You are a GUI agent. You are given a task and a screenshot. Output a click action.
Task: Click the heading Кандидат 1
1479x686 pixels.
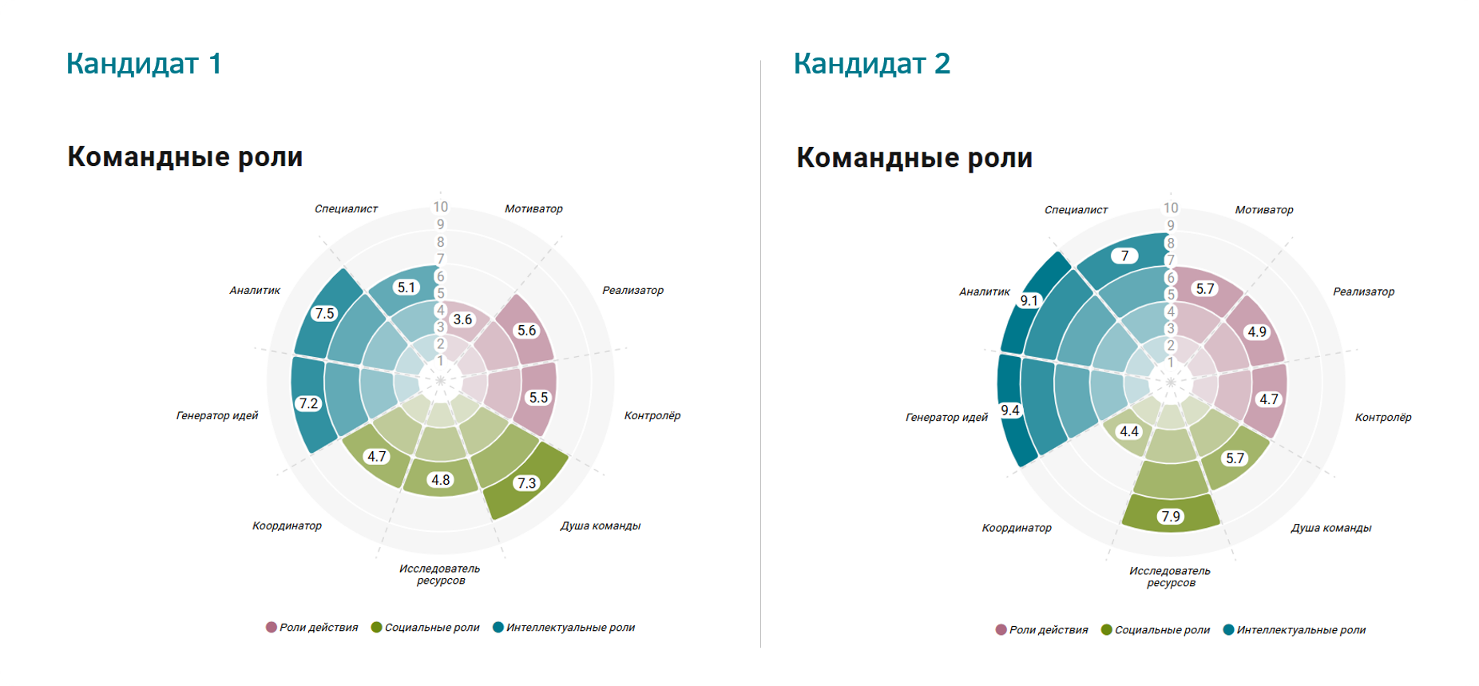tap(144, 63)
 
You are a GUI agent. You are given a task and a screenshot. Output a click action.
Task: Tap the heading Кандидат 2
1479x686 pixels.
tap(872, 63)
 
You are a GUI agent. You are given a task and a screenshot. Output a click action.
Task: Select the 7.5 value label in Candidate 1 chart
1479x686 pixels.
tap(324, 313)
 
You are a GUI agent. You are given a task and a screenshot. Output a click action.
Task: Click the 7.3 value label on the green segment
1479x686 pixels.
tap(526, 483)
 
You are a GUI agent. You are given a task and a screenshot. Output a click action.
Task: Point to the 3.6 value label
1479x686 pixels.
tap(462, 319)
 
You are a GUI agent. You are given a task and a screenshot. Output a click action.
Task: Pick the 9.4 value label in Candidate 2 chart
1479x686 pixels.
tap(1010, 410)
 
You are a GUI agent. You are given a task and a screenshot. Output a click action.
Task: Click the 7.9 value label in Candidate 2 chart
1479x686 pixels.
tap(1171, 517)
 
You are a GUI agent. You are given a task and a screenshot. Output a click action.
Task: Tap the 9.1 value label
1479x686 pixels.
tap(1029, 301)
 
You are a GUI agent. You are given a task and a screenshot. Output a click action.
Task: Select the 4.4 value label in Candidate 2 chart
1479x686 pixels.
tap(1129, 431)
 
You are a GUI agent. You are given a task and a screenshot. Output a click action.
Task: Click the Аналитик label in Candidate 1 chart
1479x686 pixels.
tap(255, 291)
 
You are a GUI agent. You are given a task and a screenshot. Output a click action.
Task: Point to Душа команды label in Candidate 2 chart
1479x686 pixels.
tap(1331, 528)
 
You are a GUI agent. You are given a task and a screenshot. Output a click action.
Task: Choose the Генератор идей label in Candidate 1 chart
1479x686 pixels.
tap(217, 415)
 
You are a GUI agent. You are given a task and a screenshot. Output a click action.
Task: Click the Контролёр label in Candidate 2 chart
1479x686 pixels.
tap(1383, 417)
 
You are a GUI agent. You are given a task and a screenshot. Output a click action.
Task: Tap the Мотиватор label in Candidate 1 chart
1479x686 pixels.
tap(533, 208)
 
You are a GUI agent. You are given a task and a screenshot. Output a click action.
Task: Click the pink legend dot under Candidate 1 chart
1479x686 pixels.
tap(272, 627)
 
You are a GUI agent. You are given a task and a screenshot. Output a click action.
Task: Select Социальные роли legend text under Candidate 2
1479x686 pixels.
tap(1162, 630)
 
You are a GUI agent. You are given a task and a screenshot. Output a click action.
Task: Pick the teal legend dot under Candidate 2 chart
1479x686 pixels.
tap(1229, 629)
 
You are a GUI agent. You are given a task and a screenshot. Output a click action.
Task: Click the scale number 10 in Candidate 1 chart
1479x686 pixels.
tap(441, 207)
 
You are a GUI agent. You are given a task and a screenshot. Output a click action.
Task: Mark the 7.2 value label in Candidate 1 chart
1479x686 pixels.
tap(308, 404)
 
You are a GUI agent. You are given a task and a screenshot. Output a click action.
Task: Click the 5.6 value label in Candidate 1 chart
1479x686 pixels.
tap(526, 331)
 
